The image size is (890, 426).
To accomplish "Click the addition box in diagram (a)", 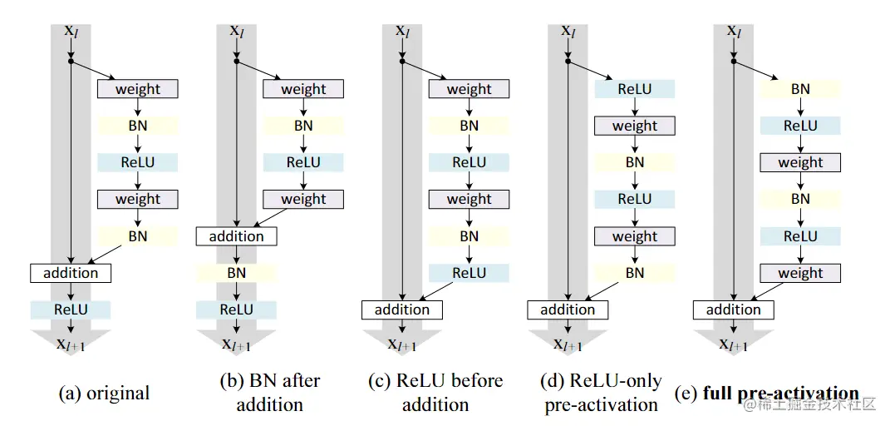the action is coord(71,273).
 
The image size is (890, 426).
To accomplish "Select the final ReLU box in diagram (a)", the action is coord(71,310).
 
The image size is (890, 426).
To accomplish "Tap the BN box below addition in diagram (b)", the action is coord(236,273).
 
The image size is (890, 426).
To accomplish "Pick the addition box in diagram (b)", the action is coord(236,236).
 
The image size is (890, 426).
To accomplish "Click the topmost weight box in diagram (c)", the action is coord(469,89).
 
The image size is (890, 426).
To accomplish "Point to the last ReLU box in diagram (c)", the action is coord(469,273).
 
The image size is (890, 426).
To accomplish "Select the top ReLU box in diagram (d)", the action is coord(635,89).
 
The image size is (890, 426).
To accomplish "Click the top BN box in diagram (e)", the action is coord(800,89).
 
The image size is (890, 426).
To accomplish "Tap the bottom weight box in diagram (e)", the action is coord(800,273).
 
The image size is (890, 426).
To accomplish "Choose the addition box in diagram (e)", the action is coord(733,310).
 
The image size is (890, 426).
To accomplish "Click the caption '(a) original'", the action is coord(105,393).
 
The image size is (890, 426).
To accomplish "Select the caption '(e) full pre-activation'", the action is coord(767,393).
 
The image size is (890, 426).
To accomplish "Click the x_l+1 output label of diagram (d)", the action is coord(568,344).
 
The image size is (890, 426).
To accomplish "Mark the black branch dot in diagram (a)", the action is coord(71,61).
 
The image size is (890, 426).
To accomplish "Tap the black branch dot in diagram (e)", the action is coord(733,61).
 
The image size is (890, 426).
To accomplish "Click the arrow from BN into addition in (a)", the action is coord(106,255).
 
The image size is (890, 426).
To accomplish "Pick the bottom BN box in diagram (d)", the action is coord(635,273).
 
